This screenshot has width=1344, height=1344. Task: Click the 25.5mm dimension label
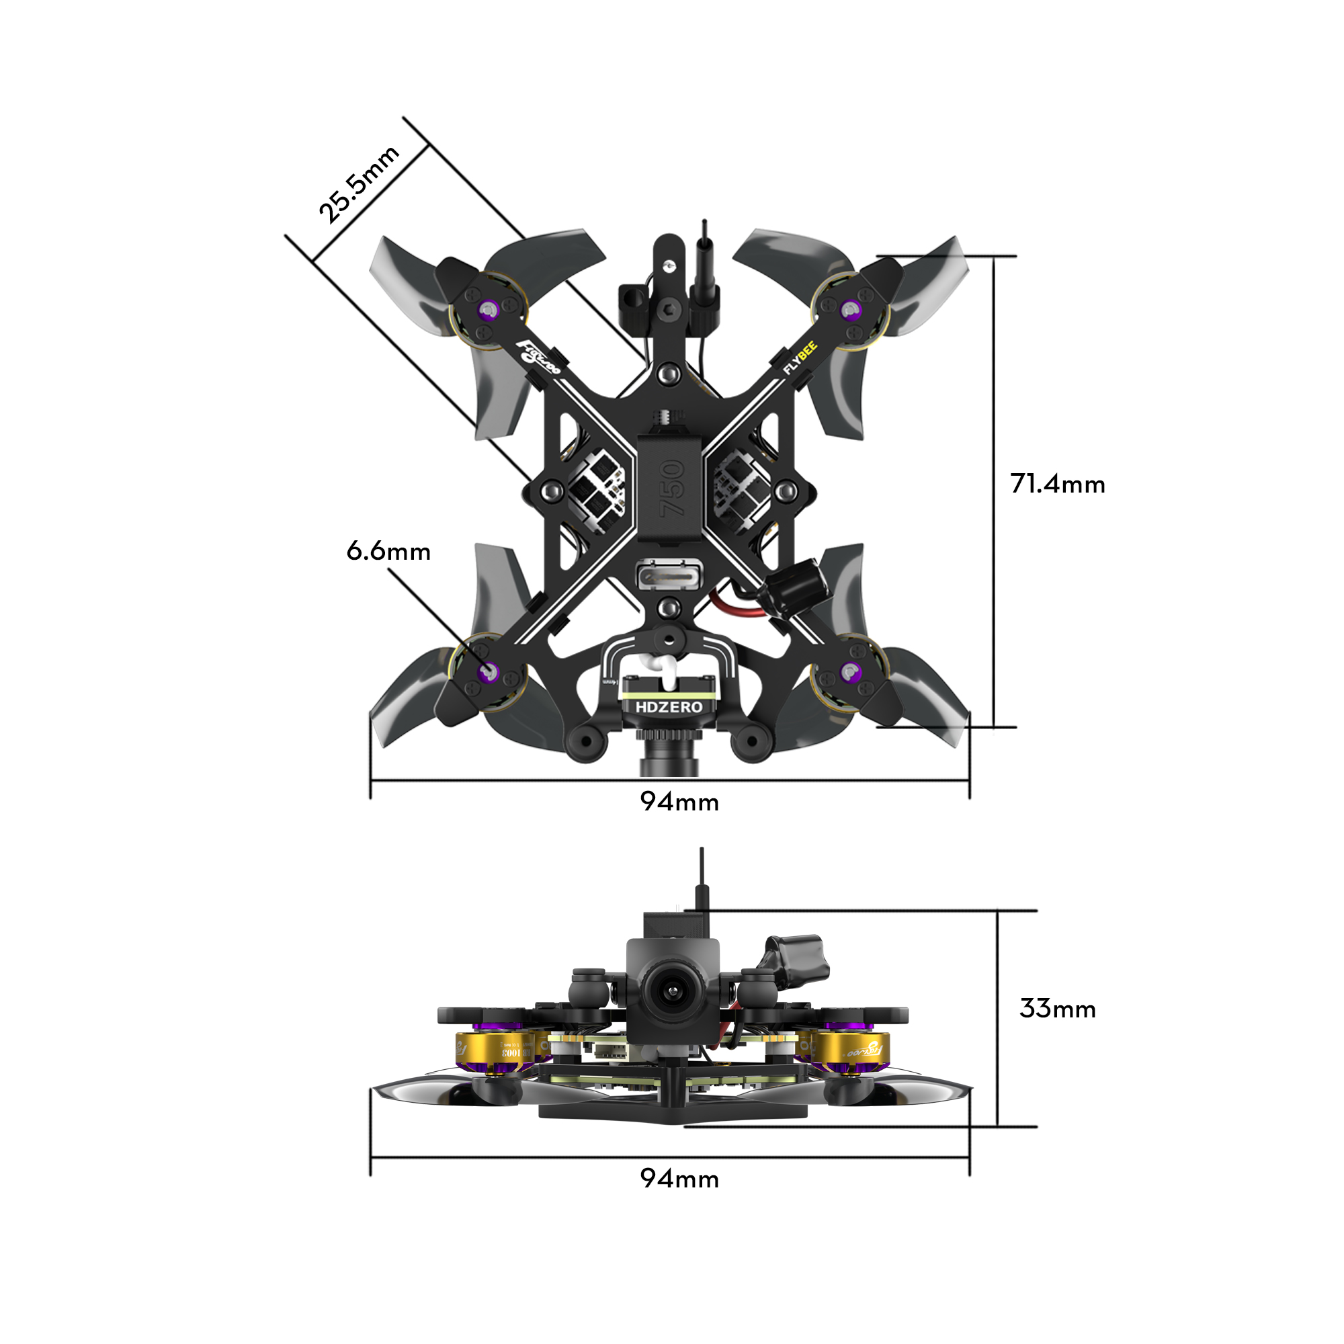(x=358, y=185)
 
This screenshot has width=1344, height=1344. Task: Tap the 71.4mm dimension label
(x=1056, y=484)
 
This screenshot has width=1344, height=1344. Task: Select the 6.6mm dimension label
(x=388, y=552)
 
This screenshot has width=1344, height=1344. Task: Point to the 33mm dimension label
(x=1056, y=1009)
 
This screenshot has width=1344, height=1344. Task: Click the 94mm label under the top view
(x=679, y=802)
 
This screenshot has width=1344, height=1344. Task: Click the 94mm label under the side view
(x=679, y=1179)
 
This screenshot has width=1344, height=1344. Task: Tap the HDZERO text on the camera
(x=669, y=707)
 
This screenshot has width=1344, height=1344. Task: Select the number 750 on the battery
(x=672, y=489)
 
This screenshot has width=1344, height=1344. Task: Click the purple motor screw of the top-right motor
(x=849, y=309)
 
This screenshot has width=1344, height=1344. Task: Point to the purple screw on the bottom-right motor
(x=849, y=672)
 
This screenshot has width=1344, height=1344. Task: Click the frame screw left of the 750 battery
(x=553, y=491)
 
